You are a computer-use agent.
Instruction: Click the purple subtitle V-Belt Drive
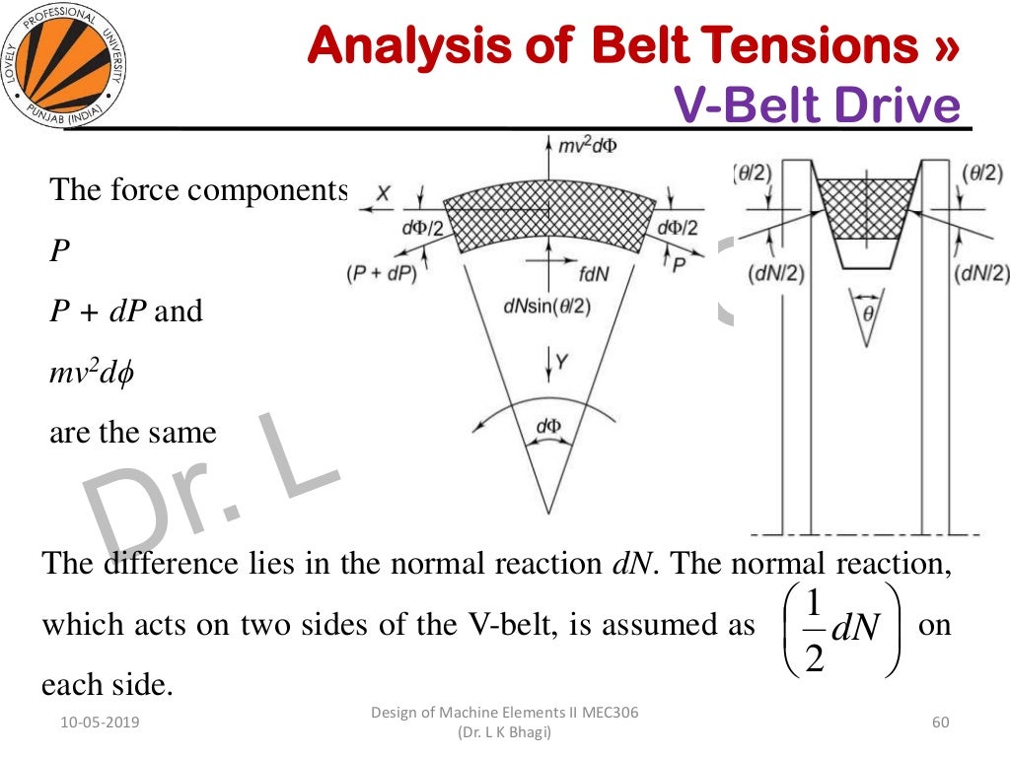tap(818, 105)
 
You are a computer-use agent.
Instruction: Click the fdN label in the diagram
tap(589, 275)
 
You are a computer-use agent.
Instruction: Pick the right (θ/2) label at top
tap(983, 172)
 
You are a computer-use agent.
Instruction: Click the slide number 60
tap(939, 723)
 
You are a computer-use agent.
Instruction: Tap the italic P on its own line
tap(59, 250)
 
